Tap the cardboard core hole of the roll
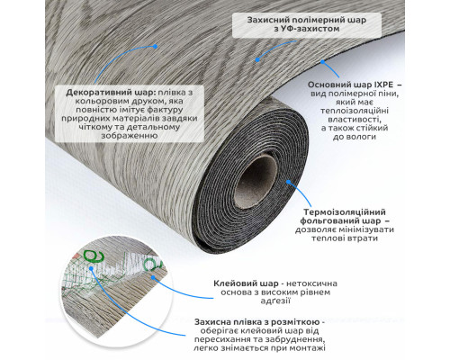tap(256, 182)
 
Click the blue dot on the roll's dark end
tap(289, 182)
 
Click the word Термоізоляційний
tap(345, 212)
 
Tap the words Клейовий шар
tap(246, 283)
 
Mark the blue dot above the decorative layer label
tap(155, 47)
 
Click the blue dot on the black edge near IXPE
tap(322, 62)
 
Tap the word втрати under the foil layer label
tap(364, 238)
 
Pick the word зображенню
tap(130, 136)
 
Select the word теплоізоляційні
tap(355, 111)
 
